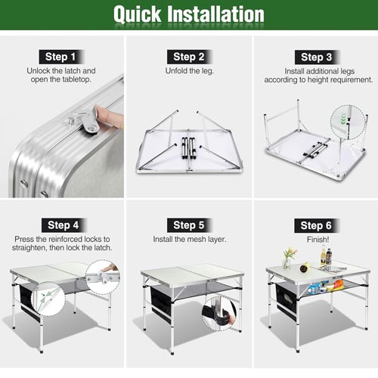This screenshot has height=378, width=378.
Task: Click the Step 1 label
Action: coord(60,57)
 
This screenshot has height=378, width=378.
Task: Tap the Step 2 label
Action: coord(189,57)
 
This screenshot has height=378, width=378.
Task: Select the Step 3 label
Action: coord(317,57)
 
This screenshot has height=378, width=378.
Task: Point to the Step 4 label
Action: coord(64,225)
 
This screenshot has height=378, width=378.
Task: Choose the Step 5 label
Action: coord(189,225)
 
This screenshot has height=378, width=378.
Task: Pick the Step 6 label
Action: coord(316,225)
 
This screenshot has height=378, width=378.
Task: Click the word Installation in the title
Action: coord(216,14)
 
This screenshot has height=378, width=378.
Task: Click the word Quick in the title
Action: coord(138,14)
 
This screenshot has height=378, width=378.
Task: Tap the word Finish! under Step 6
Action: coord(318,240)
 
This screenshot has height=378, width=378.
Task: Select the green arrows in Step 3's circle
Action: coord(342,119)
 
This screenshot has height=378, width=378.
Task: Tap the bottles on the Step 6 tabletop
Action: coord(326,255)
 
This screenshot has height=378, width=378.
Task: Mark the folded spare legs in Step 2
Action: coord(189,148)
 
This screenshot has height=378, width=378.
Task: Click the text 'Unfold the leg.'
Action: coord(190,71)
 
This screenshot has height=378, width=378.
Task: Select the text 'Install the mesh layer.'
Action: coord(190,239)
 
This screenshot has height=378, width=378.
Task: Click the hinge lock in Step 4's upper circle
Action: coord(104,277)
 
